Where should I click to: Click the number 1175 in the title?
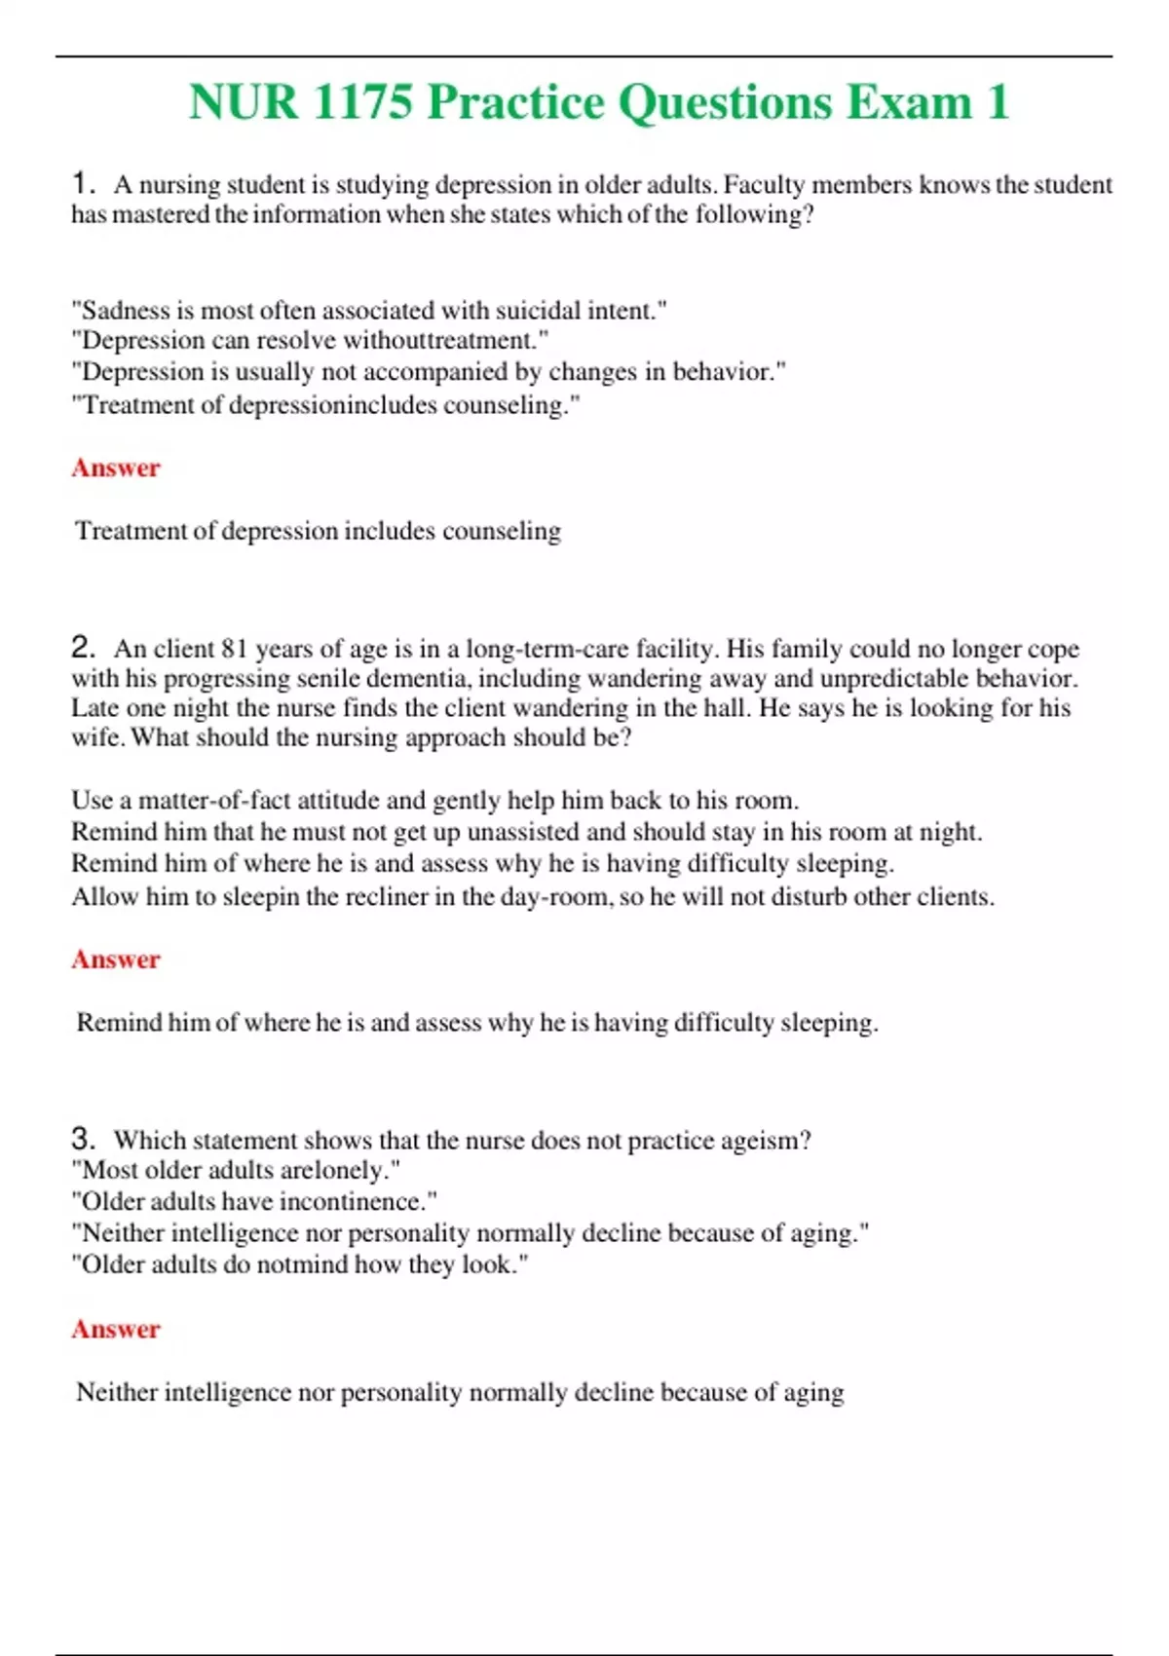pyautogui.click(x=363, y=102)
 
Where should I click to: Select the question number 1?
pyautogui.click(x=83, y=182)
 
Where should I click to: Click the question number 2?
pyautogui.click(x=83, y=647)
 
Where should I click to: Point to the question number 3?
pyautogui.click(x=83, y=1138)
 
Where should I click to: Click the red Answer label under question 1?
pyautogui.click(x=115, y=468)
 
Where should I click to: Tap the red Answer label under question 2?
pyautogui.click(x=115, y=960)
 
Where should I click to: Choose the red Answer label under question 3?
pyautogui.click(x=115, y=1329)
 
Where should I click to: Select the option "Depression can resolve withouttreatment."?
pyautogui.click(x=310, y=340)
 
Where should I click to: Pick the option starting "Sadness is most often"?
pyautogui.click(x=369, y=311)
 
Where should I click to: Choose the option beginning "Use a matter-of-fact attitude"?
pyautogui.click(x=434, y=801)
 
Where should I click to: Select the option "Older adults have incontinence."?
pyautogui.click(x=254, y=1201)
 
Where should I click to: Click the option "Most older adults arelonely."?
pyautogui.click(x=236, y=1170)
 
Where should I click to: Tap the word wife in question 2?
pyautogui.click(x=94, y=737)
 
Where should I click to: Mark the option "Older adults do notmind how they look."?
pyautogui.click(x=300, y=1264)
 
